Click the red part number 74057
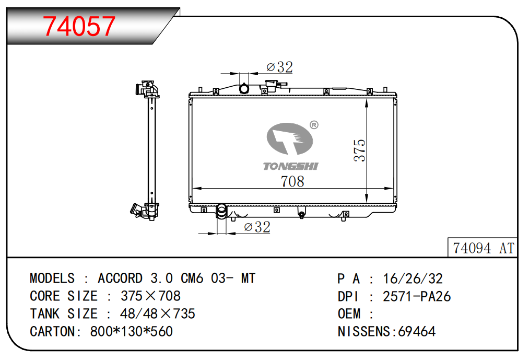tap(79, 26)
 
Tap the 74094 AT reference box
tap(483, 248)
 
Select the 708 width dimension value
tap(292, 181)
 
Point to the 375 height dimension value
tap(360, 150)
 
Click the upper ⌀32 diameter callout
tap(279, 67)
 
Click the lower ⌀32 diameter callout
tap(257, 227)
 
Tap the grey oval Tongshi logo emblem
tap(290, 138)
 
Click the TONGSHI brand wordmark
tap(290, 166)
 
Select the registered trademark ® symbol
tap(314, 125)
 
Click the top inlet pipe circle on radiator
tap(244, 89)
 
